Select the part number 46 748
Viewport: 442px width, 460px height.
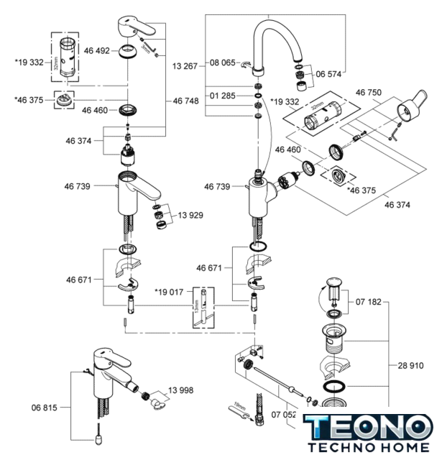tap(185, 101)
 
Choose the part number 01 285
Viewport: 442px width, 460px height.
tap(222, 96)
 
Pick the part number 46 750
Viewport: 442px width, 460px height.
tap(369, 93)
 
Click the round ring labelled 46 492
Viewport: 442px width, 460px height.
tap(128, 52)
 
